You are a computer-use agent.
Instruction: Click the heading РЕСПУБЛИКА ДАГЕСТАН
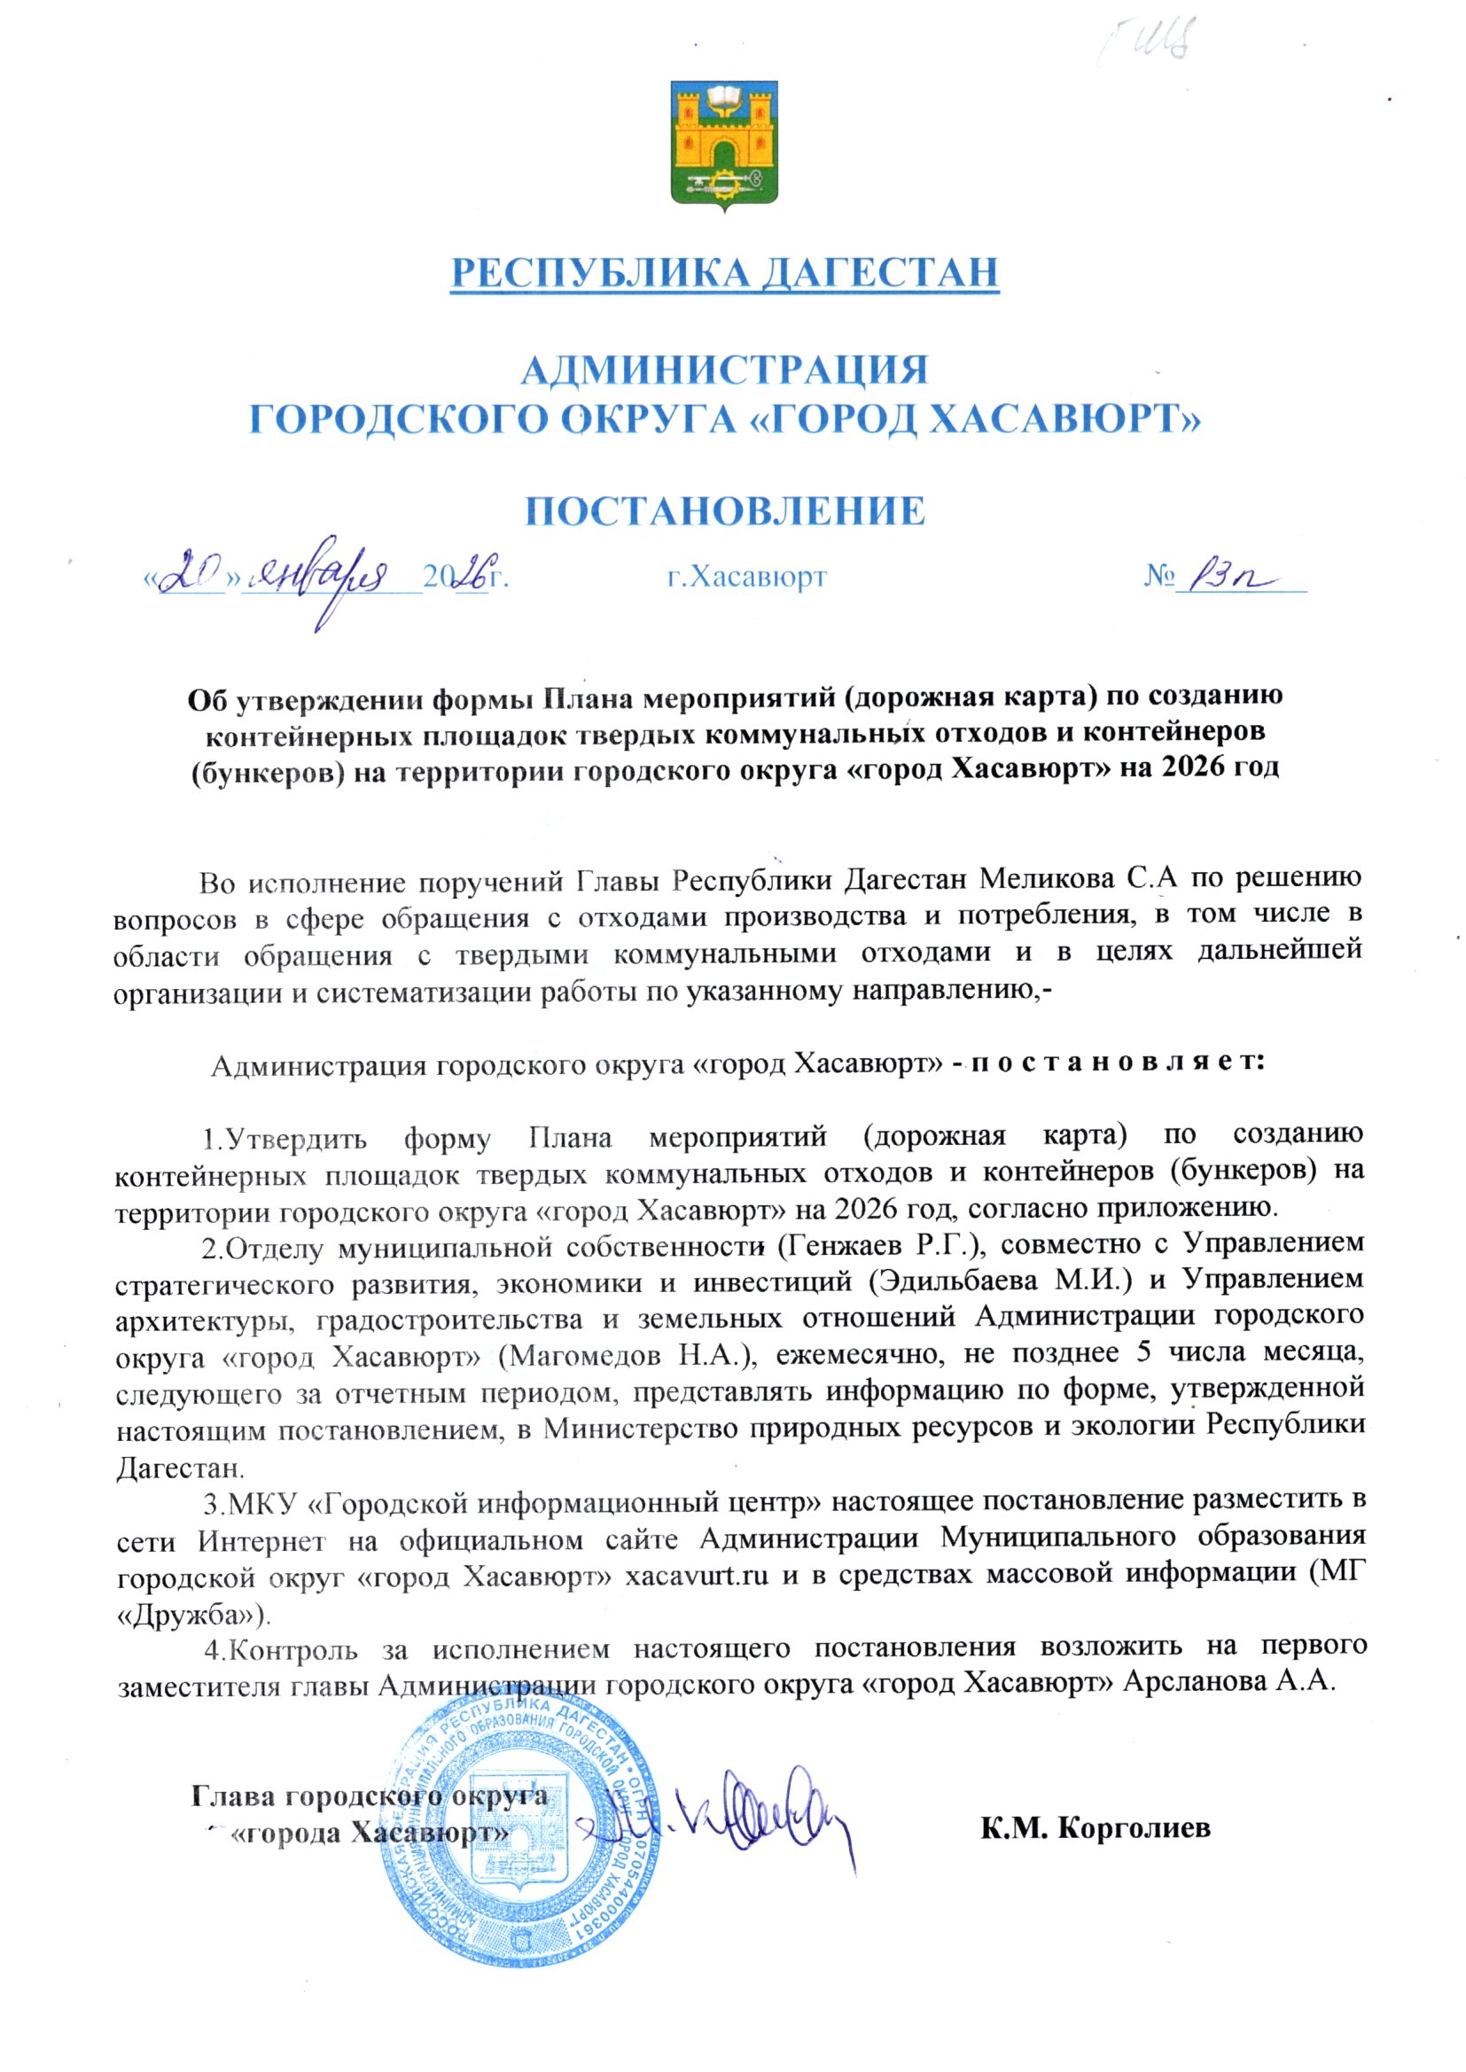click(x=725, y=273)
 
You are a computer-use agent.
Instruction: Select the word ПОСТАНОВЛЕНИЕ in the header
click(x=725, y=510)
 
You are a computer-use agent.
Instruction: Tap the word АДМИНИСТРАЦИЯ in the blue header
click(x=725, y=370)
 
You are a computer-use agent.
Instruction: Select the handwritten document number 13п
click(x=1221, y=573)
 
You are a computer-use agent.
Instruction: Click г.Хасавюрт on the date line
click(x=746, y=577)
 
